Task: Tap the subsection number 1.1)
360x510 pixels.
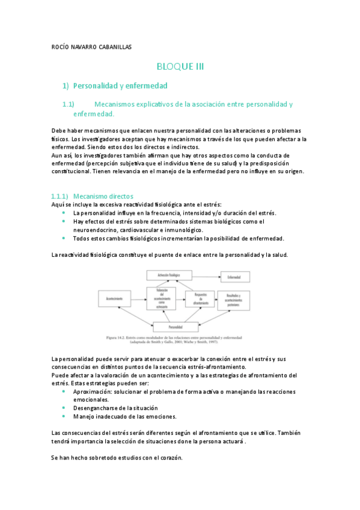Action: [68, 104]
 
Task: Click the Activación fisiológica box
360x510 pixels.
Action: [169, 275]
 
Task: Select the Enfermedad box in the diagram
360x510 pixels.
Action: [230, 277]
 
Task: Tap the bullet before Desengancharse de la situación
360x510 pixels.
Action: [64, 408]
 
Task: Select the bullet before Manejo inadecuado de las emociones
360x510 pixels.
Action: [64, 416]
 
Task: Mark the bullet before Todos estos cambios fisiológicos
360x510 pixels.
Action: [64, 238]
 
